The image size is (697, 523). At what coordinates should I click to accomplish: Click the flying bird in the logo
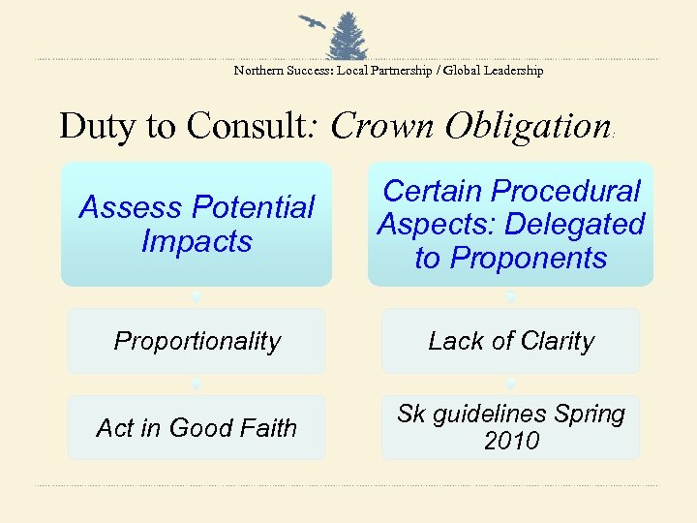[x=312, y=22]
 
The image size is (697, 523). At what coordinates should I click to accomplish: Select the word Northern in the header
[x=258, y=71]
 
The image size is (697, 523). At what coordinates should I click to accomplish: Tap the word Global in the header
[x=465, y=71]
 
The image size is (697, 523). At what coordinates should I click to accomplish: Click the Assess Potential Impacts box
[x=197, y=225]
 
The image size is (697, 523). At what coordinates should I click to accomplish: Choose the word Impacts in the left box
[x=197, y=241]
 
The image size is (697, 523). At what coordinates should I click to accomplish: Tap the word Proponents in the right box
[x=511, y=259]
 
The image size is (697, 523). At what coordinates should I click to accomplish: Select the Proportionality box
[x=197, y=341]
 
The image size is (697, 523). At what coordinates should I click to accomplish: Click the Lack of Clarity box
[x=511, y=341]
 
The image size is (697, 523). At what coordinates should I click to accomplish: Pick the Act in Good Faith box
[x=197, y=427]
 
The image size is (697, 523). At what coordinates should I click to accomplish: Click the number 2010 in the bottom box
[x=511, y=442]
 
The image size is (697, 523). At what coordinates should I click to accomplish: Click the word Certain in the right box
[x=431, y=192]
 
